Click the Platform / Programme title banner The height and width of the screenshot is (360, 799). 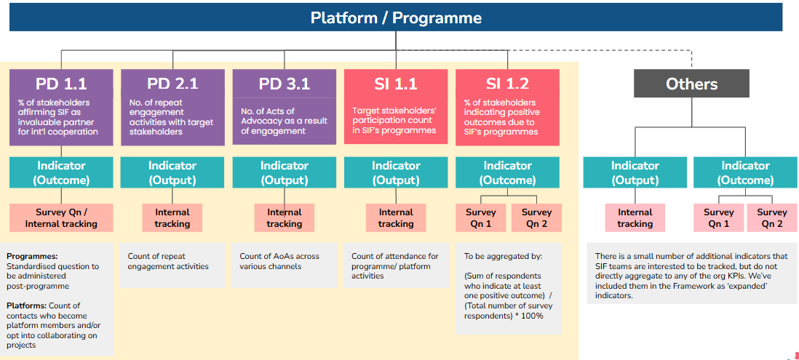(x=396, y=17)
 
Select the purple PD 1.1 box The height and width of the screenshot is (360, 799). (x=62, y=107)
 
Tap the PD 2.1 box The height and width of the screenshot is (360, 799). (x=172, y=107)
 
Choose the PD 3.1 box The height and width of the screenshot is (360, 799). (x=284, y=107)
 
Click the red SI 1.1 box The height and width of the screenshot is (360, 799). (x=395, y=107)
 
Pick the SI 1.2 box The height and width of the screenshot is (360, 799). (x=507, y=107)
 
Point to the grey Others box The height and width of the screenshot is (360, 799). (x=691, y=84)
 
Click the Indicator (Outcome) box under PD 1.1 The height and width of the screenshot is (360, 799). (x=62, y=172)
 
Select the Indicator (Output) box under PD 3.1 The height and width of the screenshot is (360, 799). (x=284, y=172)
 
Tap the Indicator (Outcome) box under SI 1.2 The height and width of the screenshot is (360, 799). (x=507, y=172)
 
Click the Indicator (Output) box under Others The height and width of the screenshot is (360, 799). (x=635, y=172)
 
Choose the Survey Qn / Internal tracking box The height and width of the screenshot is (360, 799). (x=61, y=217)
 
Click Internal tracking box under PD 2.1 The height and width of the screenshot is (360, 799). (x=172, y=217)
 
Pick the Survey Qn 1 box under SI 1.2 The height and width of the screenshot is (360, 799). (x=480, y=217)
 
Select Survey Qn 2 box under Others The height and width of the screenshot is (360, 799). (x=772, y=217)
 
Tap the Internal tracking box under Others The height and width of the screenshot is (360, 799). (x=635, y=217)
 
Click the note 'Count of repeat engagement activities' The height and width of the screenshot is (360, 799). (x=168, y=261)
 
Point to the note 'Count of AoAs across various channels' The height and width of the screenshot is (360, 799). (x=279, y=261)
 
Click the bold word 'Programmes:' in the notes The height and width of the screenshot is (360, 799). (x=32, y=256)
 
